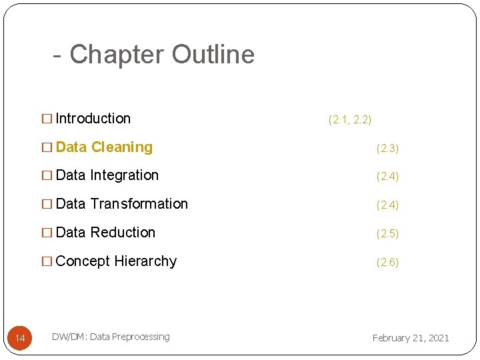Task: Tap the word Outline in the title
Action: click(213, 55)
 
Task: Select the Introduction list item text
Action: click(93, 119)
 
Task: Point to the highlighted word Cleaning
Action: click(122, 147)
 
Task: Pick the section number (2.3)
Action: click(387, 149)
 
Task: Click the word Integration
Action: click(125, 175)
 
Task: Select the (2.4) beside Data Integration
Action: click(387, 177)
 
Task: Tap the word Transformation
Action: click(139, 204)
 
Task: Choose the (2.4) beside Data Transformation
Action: click(387, 205)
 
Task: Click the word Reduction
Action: click(123, 233)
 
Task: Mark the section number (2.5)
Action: click(387, 234)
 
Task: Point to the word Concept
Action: click(83, 261)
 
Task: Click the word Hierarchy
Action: click(145, 261)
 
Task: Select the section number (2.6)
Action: click(387, 263)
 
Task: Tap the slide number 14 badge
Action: click(20, 339)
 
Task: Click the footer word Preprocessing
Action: click(141, 337)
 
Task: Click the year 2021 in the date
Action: click(437, 338)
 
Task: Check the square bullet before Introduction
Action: click(47, 119)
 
